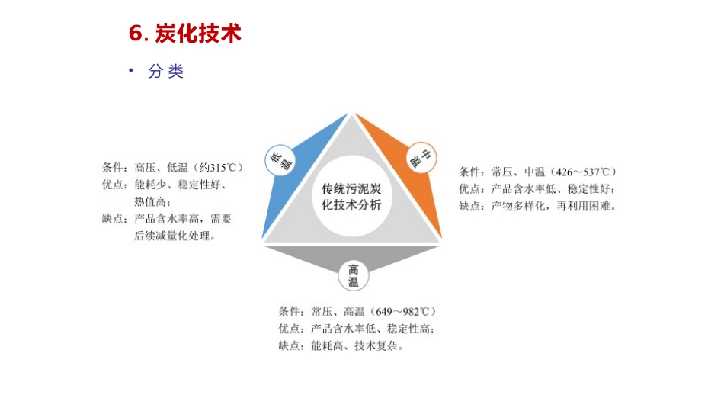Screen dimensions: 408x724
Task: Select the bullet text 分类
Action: tap(166, 72)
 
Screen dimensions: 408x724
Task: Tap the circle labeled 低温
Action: tap(280, 159)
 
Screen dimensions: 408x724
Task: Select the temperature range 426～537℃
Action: tap(583, 172)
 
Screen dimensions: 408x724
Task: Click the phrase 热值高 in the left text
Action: tap(150, 201)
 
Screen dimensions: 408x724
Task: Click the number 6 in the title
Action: tap(136, 34)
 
